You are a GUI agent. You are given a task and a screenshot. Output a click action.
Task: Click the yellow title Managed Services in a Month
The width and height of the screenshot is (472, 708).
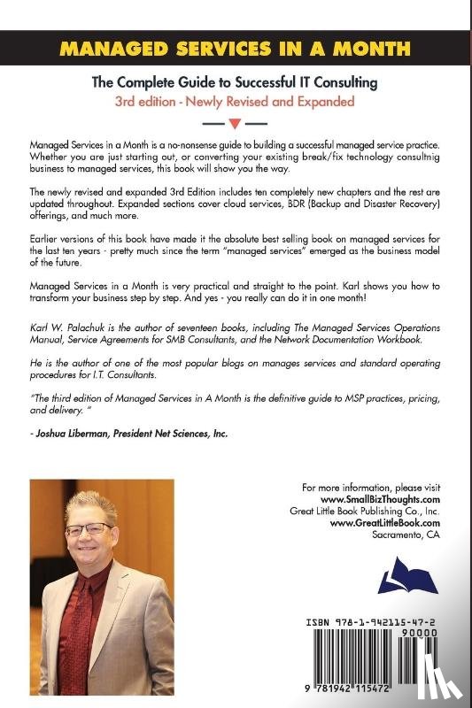coord(236,48)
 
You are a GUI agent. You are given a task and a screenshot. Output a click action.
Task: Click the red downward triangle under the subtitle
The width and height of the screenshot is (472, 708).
coord(236,121)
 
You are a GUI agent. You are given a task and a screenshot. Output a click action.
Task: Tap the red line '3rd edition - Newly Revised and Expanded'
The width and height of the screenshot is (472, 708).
coord(236,101)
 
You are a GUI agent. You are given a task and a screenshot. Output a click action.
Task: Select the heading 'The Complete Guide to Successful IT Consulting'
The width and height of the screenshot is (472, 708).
coord(236,82)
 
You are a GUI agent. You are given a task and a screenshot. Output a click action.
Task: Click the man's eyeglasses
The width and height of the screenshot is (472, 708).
coord(89,528)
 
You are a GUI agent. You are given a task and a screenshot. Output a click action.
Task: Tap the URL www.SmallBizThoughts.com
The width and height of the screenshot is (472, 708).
coord(384,499)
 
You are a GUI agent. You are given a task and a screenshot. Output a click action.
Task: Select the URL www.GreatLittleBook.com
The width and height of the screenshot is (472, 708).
coord(386,523)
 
